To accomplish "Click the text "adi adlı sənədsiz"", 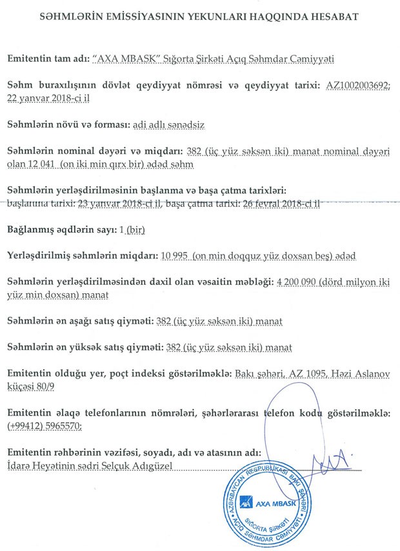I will tap(168, 124).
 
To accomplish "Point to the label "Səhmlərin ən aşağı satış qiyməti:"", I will tap(80, 320).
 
